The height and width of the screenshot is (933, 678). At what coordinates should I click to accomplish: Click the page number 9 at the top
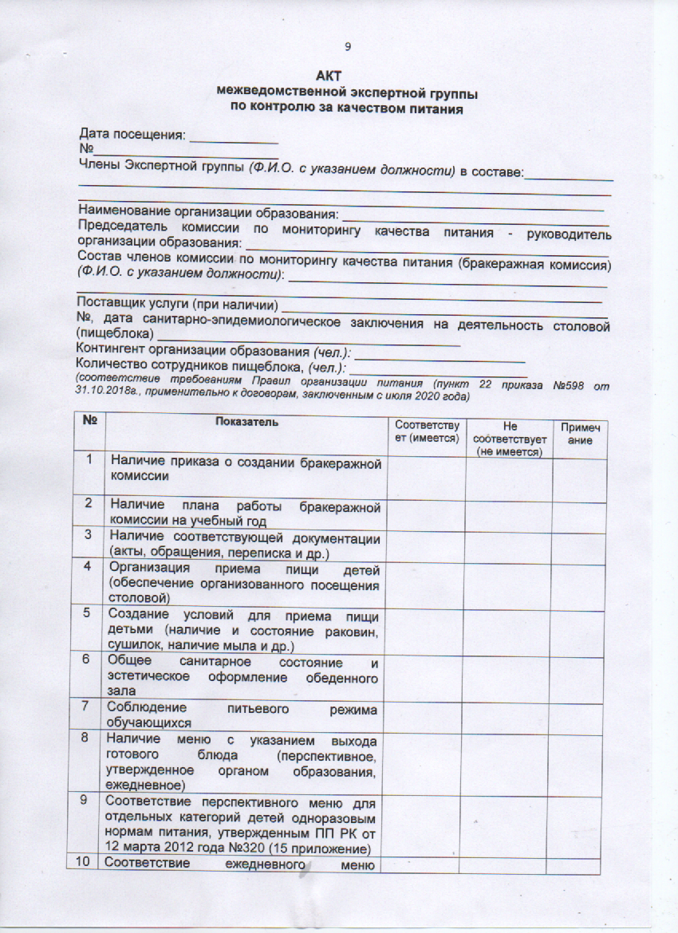[348, 45]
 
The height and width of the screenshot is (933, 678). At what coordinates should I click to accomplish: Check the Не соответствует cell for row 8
[508, 762]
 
